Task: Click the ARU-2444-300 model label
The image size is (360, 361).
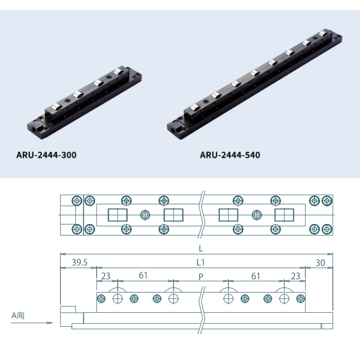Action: [46, 155]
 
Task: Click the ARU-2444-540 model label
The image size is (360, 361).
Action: [230, 155]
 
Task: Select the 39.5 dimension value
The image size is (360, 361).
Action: [79, 262]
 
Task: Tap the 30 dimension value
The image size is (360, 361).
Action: [320, 263]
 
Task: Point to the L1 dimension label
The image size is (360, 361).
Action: [201, 262]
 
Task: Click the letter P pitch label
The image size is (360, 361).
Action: [201, 277]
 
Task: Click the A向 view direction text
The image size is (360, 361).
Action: [18, 315]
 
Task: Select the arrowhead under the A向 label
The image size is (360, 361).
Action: [49, 323]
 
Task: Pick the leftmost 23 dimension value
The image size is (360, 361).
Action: [106, 276]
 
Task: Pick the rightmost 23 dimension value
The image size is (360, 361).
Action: [296, 276]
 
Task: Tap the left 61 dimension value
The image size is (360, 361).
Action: [143, 275]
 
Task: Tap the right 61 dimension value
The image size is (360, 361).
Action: [255, 276]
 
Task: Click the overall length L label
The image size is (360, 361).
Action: [201, 249]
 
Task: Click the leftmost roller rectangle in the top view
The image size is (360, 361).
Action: [118, 215]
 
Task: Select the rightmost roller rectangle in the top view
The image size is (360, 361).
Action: [285, 215]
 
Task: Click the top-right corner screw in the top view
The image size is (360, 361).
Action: [327, 201]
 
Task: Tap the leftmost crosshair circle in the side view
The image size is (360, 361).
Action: [118, 299]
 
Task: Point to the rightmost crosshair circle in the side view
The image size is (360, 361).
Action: [285, 299]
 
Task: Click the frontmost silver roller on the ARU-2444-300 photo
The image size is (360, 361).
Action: [56, 107]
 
